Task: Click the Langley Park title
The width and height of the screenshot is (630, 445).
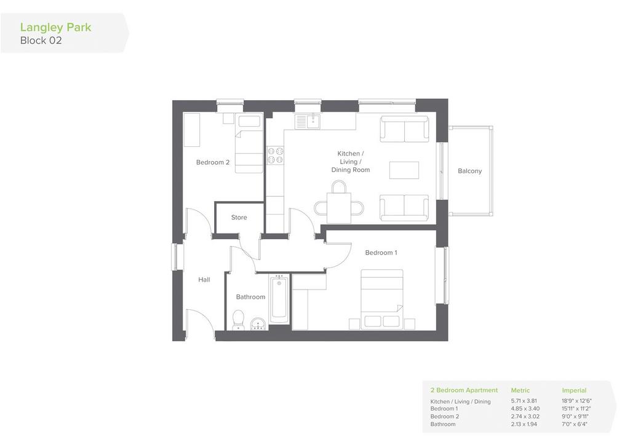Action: tap(56, 28)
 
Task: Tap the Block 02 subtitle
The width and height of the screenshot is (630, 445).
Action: tap(41, 41)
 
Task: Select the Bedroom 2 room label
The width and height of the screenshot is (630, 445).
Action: tap(212, 162)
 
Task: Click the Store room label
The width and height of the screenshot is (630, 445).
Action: tap(239, 218)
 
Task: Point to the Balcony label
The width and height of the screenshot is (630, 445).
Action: tap(469, 171)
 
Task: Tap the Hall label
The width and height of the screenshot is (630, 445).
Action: tap(204, 280)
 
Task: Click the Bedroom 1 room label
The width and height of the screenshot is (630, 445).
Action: tap(381, 253)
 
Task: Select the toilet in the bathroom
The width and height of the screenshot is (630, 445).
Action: tap(238, 320)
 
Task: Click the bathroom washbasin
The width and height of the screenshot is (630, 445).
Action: tap(258, 323)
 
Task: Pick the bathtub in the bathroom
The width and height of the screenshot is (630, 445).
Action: tap(280, 299)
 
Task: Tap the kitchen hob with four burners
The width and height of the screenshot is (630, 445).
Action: tap(275, 156)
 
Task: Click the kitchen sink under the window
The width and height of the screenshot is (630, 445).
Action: tap(308, 121)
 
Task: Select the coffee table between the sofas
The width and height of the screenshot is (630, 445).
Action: tap(404, 170)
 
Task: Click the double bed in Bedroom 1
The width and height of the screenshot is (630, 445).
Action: tap(381, 299)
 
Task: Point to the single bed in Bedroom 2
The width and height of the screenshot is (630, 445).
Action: tap(249, 144)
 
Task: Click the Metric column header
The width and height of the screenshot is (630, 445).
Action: tap(520, 390)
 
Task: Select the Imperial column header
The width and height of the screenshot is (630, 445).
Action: tap(574, 390)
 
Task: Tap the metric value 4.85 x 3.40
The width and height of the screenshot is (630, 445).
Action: tap(525, 409)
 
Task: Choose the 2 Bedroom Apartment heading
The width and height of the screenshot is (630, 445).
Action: tap(464, 390)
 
